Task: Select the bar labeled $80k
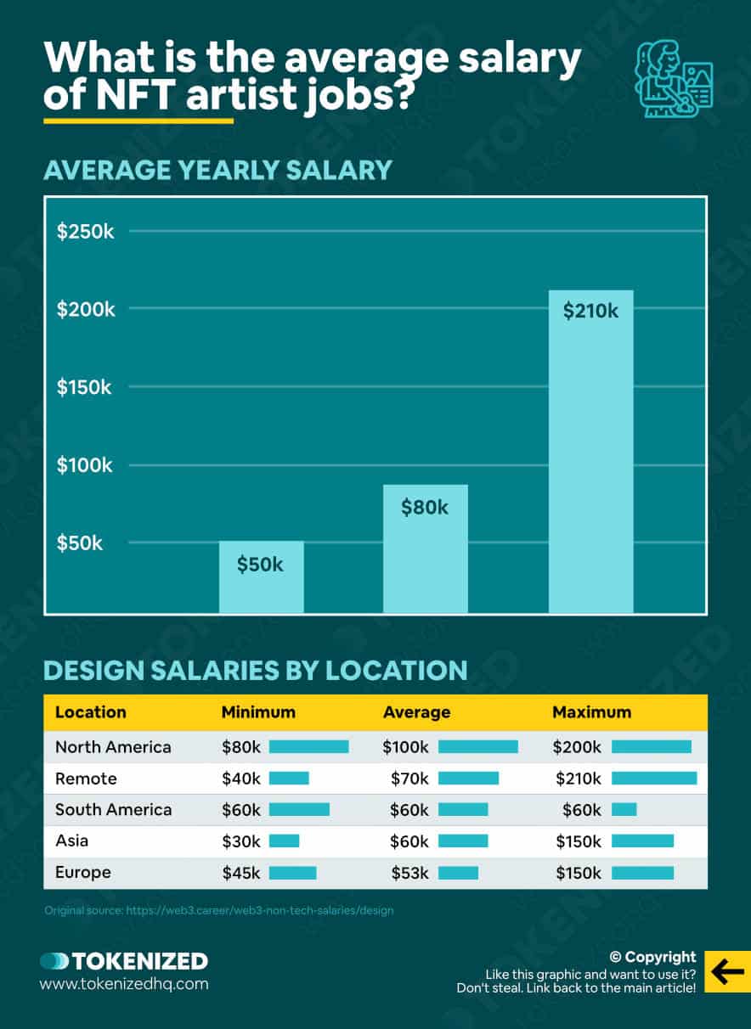tap(426, 548)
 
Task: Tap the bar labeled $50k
tap(261, 576)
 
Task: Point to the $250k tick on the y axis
tap(85, 232)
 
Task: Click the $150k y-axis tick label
tap(85, 387)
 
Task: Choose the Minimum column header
tap(258, 712)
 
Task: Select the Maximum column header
tap(591, 712)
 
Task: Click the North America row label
tap(113, 747)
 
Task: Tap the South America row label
tap(113, 810)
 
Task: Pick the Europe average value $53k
tap(409, 873)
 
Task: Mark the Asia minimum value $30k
tap(241, 841)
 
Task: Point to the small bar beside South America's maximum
tap(624, 810)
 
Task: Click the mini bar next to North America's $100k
tap(477, 747)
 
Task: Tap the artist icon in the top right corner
tap(675, 79)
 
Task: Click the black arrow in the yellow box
tap(727, 972)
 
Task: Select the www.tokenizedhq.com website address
tap(124, 985)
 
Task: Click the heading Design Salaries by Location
tap(255, 671)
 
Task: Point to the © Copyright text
tap(652, 957)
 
